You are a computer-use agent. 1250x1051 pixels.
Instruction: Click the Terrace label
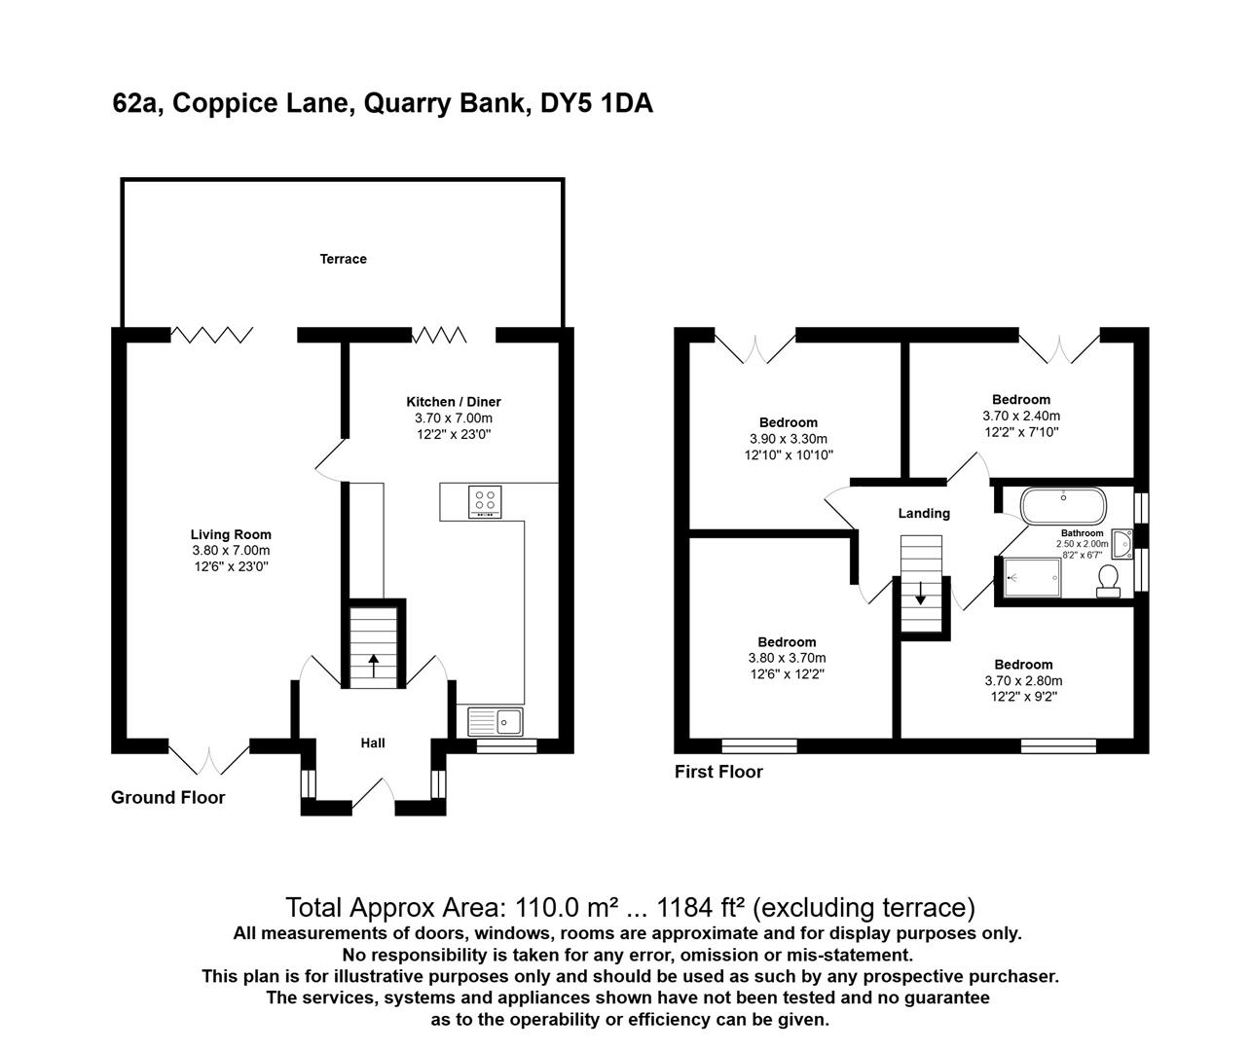pos(344,259)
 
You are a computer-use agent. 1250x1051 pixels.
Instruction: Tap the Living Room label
pos(231,534)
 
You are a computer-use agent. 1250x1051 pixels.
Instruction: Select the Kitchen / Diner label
pos(453,401)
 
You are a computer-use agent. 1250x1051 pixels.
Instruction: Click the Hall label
pos(373,743)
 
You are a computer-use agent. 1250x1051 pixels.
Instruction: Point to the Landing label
pos(924,513)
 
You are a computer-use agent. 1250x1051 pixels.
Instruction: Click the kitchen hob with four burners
pos(484,501)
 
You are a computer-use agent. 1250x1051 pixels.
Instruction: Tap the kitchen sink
pos(496,722)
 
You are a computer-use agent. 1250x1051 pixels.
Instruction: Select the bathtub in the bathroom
pos(1063,506)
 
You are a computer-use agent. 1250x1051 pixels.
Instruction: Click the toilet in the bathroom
pos(1108,580)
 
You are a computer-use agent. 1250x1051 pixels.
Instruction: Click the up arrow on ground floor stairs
pos(373,666)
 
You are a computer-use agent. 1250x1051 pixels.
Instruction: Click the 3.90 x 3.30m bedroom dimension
pos(789,439)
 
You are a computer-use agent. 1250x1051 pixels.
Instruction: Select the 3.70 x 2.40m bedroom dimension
pos(1021,416)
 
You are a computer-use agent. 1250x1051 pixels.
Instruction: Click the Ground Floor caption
pos(167,798)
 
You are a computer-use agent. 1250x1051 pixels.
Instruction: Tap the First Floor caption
pos(718,772)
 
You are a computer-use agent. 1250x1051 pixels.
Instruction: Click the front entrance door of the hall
pos(372,796)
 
